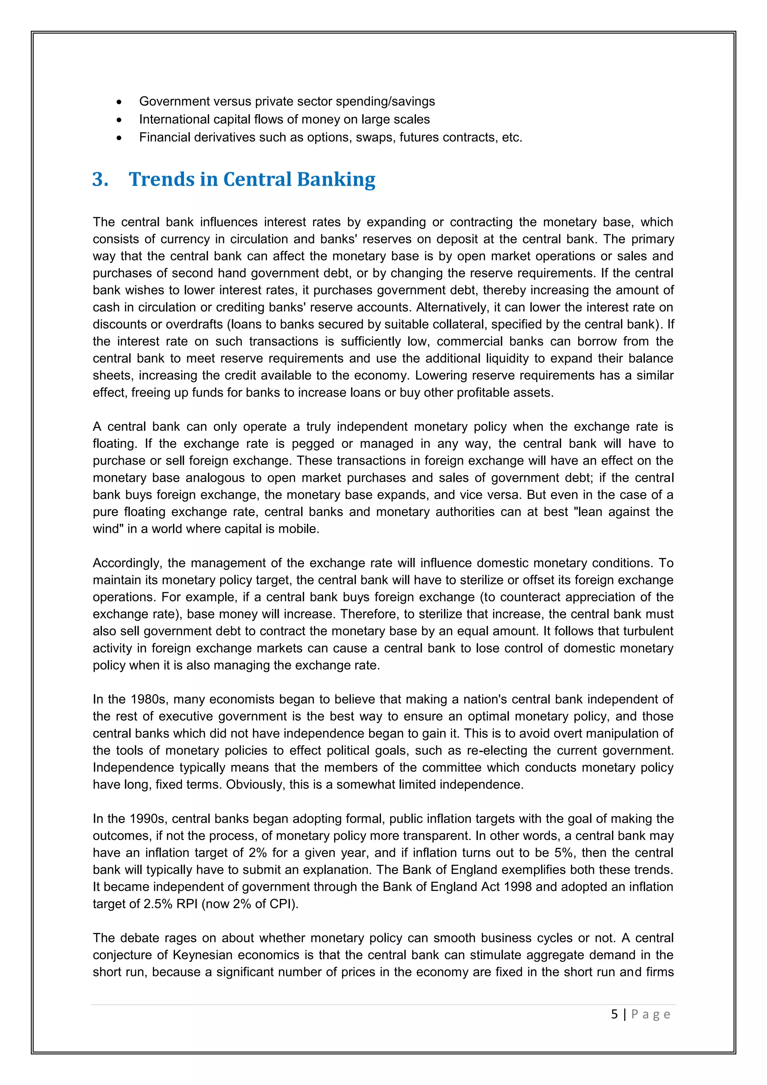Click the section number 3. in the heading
100,179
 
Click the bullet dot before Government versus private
119,102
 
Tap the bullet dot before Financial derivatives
119,138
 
